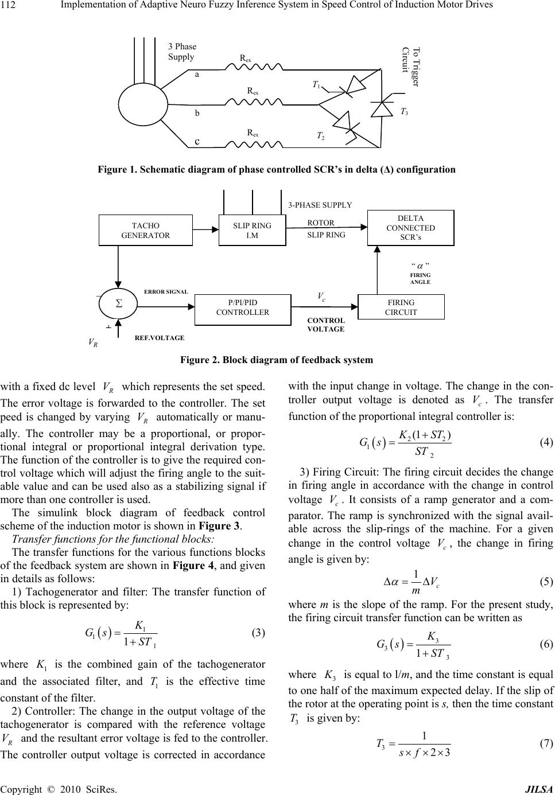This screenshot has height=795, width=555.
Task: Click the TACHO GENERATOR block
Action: tap(146, 230)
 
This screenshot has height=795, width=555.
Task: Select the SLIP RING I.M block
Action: tap(252, 230)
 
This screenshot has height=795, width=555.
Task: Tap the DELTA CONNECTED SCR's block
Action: tap(410, 228)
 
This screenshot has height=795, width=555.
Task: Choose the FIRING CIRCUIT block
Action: tap(401, 307)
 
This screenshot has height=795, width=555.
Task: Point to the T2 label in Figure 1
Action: tap(321, 136)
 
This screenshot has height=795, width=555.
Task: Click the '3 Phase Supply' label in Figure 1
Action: tap(182, 52)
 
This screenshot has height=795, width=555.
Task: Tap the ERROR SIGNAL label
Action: tap(166, 291)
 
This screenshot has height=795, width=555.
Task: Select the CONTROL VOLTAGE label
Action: tap(326, 325)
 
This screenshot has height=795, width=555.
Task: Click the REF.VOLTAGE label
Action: tap(160, 338)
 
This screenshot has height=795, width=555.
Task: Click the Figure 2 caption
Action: tap(277, 360)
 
